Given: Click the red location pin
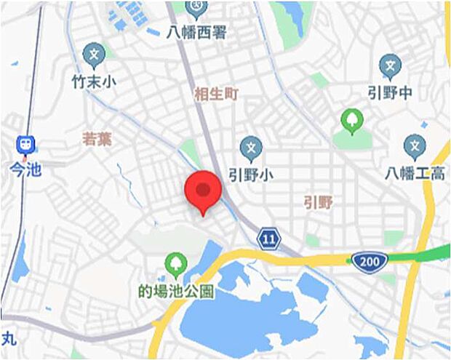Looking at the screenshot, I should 203,191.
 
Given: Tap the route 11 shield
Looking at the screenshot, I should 268,238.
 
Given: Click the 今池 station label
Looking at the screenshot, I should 25,169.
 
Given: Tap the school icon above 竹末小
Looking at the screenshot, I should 94,55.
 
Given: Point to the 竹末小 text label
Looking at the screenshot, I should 94,82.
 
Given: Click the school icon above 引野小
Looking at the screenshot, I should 251,148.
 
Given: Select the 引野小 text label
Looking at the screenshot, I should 250,175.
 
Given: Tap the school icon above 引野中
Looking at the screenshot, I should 391,67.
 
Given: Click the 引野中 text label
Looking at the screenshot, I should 391,95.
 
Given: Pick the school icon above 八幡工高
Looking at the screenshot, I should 415,147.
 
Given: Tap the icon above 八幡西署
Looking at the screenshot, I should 196,8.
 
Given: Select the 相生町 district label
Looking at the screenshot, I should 216,95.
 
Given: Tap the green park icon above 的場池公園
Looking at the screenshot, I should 175,264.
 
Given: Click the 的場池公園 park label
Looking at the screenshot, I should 176,292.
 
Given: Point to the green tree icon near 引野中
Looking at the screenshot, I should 352,120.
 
